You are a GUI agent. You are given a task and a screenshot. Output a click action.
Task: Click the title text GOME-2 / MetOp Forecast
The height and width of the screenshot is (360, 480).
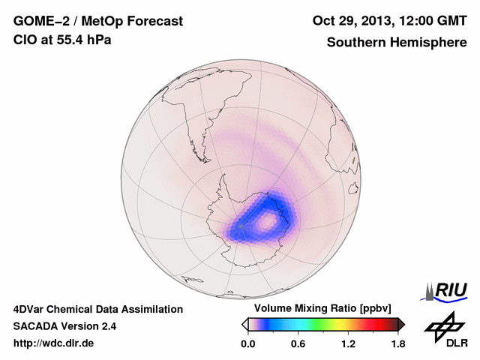97,22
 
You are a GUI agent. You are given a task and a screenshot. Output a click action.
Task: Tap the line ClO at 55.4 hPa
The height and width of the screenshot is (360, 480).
62,40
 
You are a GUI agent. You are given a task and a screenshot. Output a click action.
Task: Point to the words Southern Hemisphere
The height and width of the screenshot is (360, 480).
396,43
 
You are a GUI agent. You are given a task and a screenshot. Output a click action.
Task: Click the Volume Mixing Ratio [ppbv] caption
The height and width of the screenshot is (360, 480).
319,309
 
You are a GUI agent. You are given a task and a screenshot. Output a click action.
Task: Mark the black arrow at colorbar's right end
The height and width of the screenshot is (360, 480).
401,324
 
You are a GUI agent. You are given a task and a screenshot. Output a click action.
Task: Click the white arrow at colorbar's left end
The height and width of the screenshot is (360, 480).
244,324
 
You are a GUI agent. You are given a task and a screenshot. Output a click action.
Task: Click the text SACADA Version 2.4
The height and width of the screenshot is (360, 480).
64,326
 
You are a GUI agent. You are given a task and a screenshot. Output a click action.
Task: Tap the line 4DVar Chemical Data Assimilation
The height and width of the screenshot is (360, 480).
97,309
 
